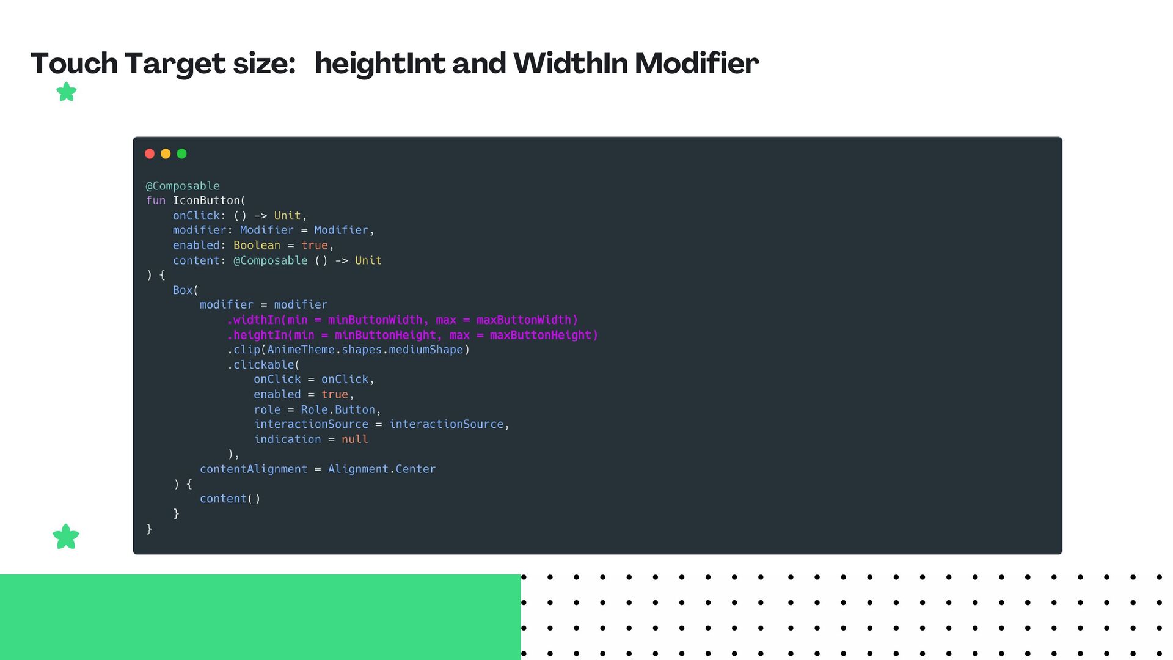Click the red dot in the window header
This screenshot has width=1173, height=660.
point(150,153)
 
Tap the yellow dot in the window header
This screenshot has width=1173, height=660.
point(166,153)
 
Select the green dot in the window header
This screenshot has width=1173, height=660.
point(181,153)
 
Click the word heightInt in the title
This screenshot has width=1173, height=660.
point(379,64)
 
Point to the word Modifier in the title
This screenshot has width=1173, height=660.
point(696,64)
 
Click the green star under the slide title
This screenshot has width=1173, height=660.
point(66,92)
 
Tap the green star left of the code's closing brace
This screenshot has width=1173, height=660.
point(66,537)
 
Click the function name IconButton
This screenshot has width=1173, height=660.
point(206,200)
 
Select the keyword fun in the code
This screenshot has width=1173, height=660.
point(155,200)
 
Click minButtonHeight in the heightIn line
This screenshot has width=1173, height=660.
point(385,335)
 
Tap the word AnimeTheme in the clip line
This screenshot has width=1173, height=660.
point(301,350)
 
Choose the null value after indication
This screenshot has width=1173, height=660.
point(354,439)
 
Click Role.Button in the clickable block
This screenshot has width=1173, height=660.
point(338,409)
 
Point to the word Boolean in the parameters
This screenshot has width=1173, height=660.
point(257,245)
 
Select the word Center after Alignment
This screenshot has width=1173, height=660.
point(415,469)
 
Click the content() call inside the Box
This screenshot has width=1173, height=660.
point(230,499)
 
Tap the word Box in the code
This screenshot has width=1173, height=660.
point(183,290)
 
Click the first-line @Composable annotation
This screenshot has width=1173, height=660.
point(183,186)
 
